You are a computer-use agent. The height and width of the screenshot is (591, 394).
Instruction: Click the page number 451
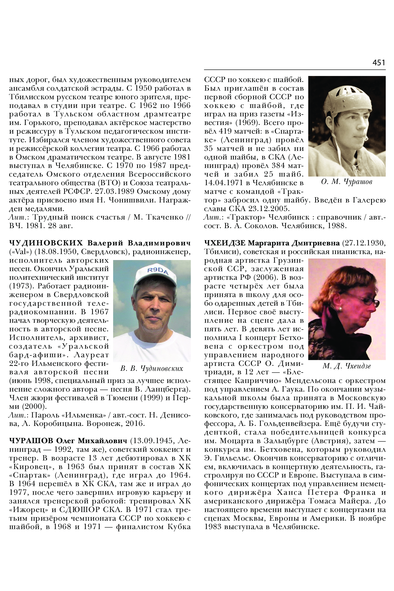(378, 62)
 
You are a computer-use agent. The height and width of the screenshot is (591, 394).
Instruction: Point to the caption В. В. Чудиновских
(152, 369)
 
